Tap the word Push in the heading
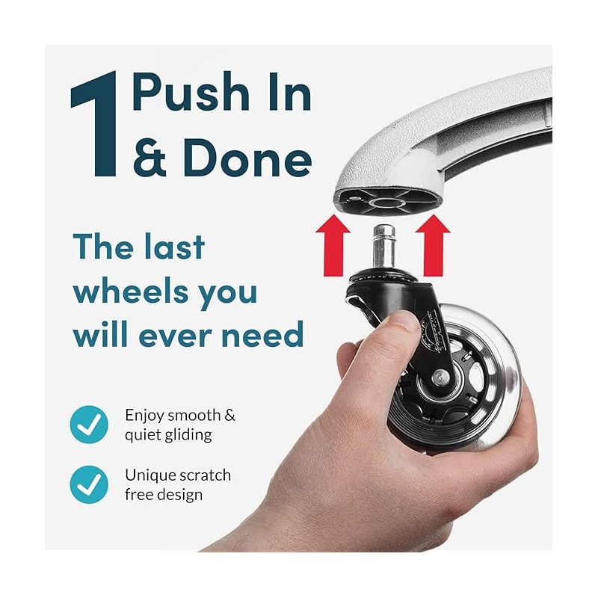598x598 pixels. click(191, 91)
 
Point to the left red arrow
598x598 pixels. click(333, 245)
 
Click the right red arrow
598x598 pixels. click(433, 245)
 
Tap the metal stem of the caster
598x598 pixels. click(383, 246)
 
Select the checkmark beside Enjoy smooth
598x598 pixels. click(89, 425)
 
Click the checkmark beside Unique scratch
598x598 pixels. click(89, 484)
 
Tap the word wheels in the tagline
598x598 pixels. click(131, 292)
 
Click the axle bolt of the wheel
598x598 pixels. click(440, 377)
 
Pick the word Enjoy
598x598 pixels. click(144, 416)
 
